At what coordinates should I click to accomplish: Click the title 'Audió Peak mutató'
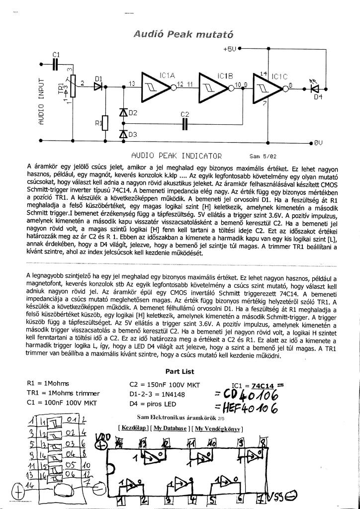(183, 34)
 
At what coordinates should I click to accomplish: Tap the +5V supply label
(229, 49)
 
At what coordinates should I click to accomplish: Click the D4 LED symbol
(314, 88)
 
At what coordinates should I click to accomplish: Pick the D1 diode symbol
(98, 86)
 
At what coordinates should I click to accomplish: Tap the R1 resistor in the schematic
(105, 122)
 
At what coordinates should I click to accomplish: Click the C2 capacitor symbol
(184, 123)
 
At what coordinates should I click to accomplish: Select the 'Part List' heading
(180, 371)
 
